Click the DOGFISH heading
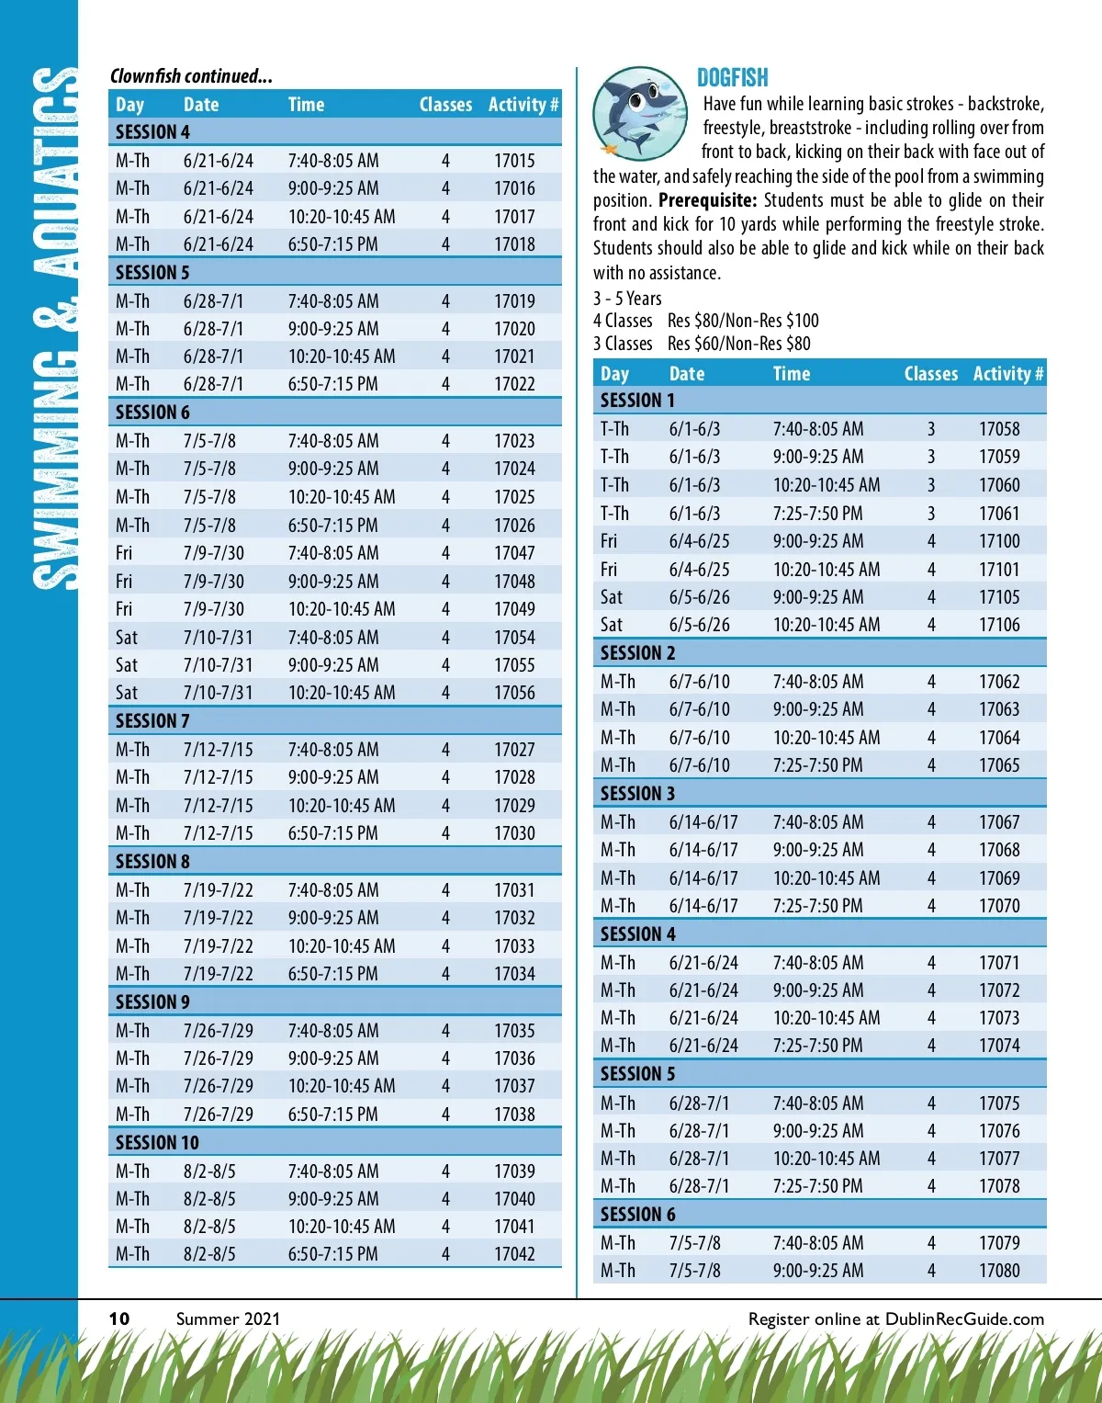pos(732,78)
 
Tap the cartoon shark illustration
pos(639,113)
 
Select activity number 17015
pos(514,161)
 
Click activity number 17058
pos(999,429)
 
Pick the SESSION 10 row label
pos(157,1143)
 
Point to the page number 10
pos(119,1318)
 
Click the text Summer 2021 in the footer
pos(228,1318)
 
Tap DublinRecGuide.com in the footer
pos(964,1318)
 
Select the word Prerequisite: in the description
pos(707,200)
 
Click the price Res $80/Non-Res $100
pos(743,321)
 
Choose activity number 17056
pos(514,693)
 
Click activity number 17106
pos(999,625)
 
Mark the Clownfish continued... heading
pos(191,76)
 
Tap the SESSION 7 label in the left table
pos(152,721)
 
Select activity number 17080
pos(999,1271)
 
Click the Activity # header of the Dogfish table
pos(1007,374)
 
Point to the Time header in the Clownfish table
pos(306,105)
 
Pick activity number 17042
pos(514,1254)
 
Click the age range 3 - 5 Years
pos(627,299)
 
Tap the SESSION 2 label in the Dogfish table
pos(637,653)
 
